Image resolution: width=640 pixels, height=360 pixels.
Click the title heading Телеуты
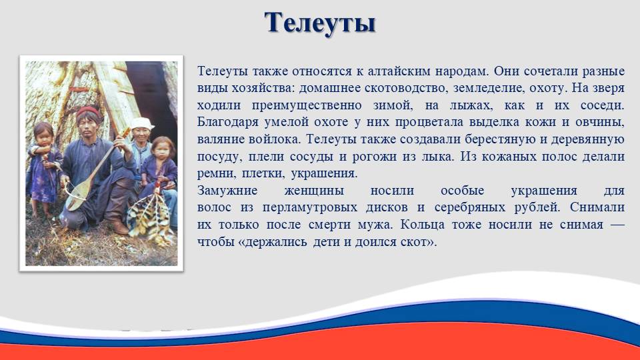[x=319, y=23]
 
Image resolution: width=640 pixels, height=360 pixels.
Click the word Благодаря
[x=228, y=123]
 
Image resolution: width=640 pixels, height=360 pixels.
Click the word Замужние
[x=227, y=191]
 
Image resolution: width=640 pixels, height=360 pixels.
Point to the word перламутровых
[x=310, y=208]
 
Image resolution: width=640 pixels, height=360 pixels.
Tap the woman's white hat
[x=141, y=123]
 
